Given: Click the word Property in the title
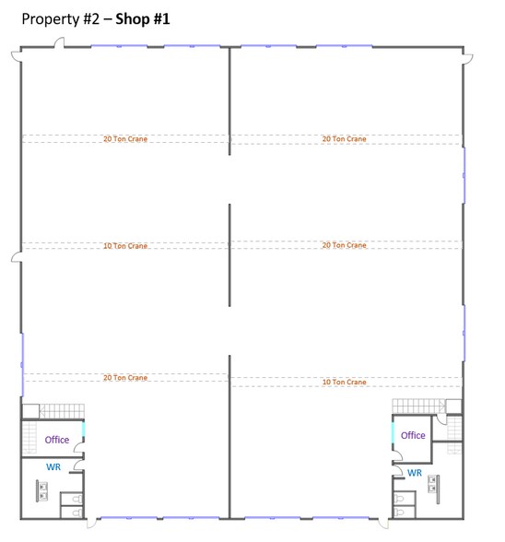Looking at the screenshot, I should pyautogui.click(x=49, y=18).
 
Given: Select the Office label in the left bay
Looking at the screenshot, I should pyautogui.click(x=57, y=440).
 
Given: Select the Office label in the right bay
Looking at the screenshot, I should pyautogui.click(x=413, y=435).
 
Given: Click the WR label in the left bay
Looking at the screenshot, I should pyautogui.click(x=53, y=467).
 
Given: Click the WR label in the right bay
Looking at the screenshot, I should pyautogui.click(x=415, y=473).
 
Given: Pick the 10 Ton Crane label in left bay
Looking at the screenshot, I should pyautogui.click(x=125, y=246).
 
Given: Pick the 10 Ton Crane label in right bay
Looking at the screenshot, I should pyautogui.click(x=344, y=382).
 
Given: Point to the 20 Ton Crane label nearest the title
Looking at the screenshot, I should pyautogui.click(x=125, y=139).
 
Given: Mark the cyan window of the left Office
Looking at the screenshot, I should pyautogui.click(x=84, y=429).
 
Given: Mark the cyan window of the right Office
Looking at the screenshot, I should pyautogui.click(x=393, y=430).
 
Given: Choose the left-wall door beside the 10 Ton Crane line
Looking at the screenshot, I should pyautogui.click(x=16, y=256).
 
